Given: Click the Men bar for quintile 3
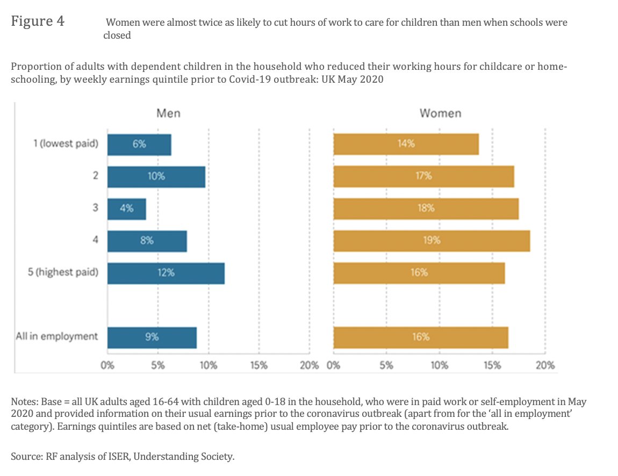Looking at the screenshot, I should click(x=126, y=208).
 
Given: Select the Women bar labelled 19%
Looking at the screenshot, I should click(x=431, y=241).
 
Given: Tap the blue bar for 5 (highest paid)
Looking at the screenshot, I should click(x=166, y=273).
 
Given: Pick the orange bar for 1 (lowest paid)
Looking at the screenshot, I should click(x=406, y=144).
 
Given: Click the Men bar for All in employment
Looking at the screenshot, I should click(x=152, y=337).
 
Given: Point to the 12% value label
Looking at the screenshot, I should click(x=166, y=273).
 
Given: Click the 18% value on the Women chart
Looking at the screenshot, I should click(x=426, y=208).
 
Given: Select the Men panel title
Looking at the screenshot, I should click(x=168, y=113).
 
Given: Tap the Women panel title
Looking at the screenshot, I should click(x=440, y=113).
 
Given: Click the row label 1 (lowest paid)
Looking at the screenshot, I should click(x=66, y=144).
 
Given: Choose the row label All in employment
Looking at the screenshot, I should click(x=56, y=336).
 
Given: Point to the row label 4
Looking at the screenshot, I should click(x=95, y=240).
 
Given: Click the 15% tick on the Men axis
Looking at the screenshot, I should click(x=258, y=366).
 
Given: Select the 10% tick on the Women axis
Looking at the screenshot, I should click(x=439, y=366).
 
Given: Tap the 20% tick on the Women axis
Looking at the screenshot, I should click(x=545, y=366).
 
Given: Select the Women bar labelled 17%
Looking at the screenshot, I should click(x=423, y=176).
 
